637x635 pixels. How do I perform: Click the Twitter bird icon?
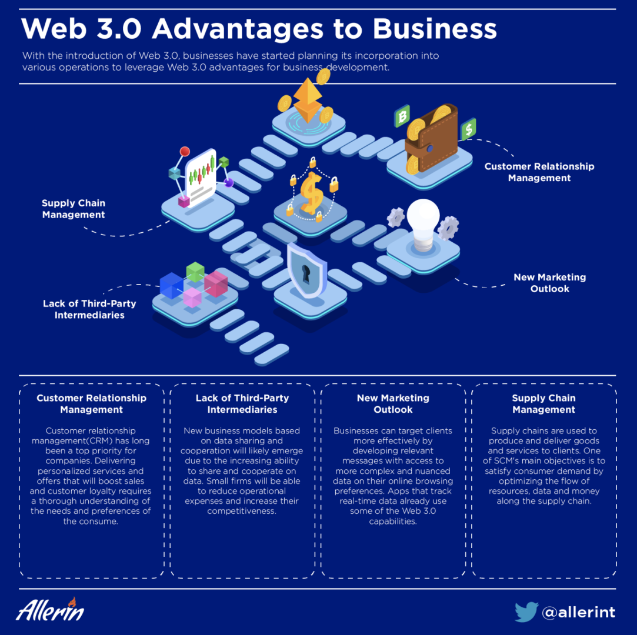pyautogui.click(x=526, y=611)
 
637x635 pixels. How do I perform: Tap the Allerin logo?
pyautogui.click(x=50, y=609)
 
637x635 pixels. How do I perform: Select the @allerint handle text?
pyautogui.click(x=579, y=612)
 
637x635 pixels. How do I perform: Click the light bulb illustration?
pyautogui.click(x=423, y=225)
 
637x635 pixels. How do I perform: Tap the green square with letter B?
pyautogui.click(x=402, y=116)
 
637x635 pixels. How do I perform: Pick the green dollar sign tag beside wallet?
pyautogui.click(x=468, y=129)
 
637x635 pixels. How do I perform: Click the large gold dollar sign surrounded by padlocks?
pyautogui.click(x=312, y=193)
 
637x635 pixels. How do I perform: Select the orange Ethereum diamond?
pyautogui.click(x=308, y=100)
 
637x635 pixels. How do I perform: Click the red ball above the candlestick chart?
pyautogui.click(x=185, y=152)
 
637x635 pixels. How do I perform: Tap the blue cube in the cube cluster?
pyautogui.click(x=171, y=285)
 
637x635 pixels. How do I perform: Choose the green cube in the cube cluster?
pyautogui.click(x=195, y=272)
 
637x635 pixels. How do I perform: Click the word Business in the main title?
pyautogui.click(x=435, y=29)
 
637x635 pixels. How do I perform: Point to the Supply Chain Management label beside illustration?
pyautogui.click(x=74, y=209)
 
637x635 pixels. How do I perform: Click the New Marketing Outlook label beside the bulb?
pyautogui.click(x=550, y=283)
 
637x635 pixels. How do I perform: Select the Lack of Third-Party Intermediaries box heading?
pyautogui.click(x=242, y=403)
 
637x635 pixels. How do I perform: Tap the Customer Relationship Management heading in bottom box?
pyautogui.click(x=91, y=403)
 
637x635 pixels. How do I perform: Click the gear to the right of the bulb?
pyautogui.click(x=449, y=228)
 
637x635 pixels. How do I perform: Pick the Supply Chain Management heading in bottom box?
pyautogui.click(x=543, y=403)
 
